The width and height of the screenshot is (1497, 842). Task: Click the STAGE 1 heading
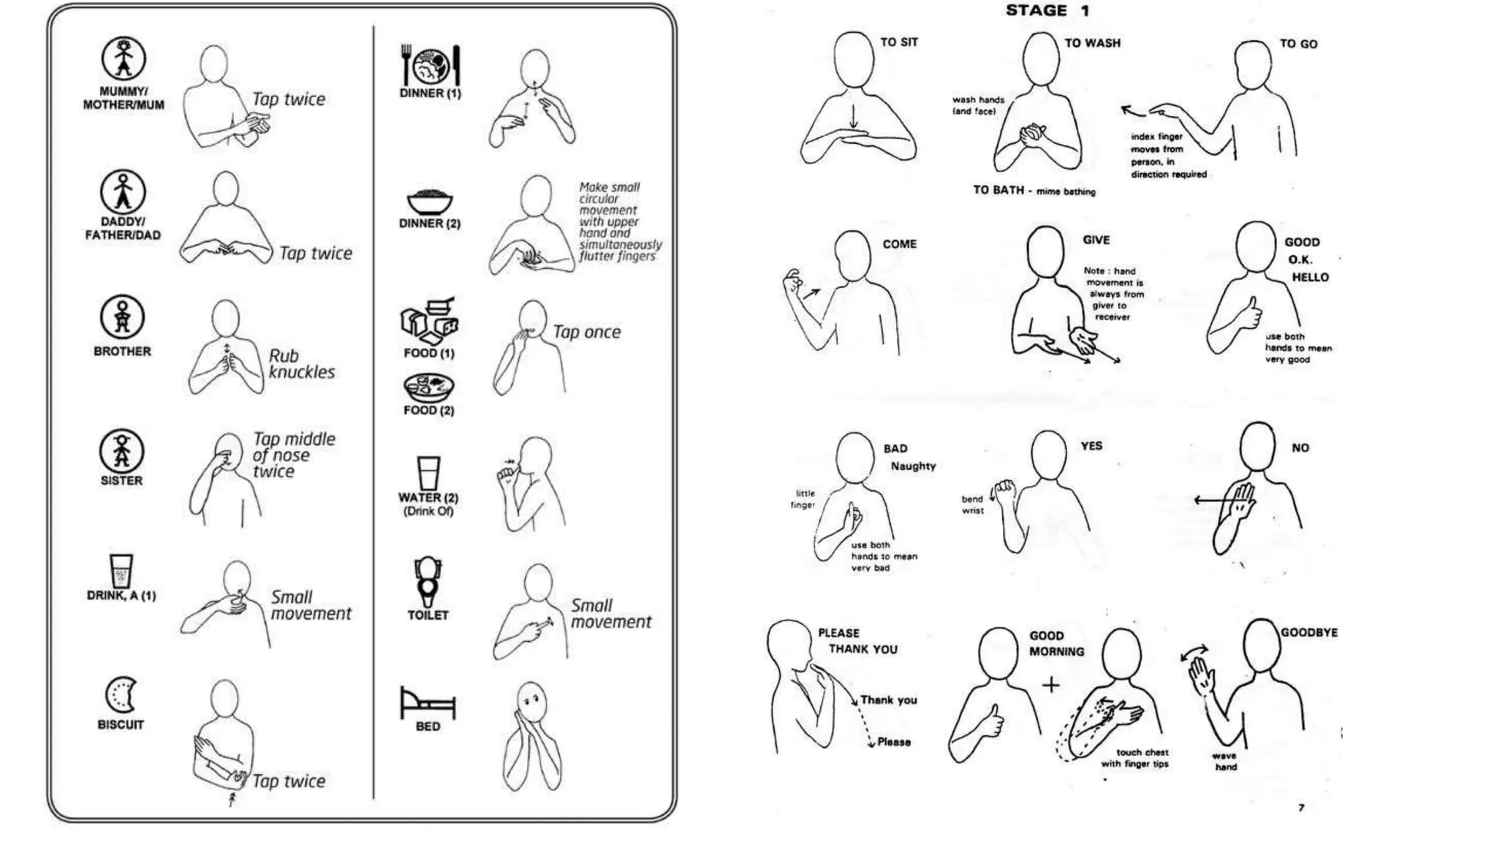click(1047, 11)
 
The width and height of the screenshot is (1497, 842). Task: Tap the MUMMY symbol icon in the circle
click(123, 58)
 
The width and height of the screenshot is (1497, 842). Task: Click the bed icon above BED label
click(428, 702)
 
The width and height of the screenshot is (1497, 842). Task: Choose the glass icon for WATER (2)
click(428, 473)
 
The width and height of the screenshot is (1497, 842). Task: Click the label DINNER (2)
click(430, 224)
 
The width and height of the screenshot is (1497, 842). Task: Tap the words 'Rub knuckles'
click(300, 364)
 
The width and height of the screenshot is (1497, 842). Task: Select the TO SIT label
click(899, 42)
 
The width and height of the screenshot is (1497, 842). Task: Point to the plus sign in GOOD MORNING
click(1050, 685)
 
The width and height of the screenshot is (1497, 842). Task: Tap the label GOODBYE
click(1308, 632)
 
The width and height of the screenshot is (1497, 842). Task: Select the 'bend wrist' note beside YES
click(972, 504)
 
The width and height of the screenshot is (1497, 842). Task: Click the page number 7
click(1300, 808)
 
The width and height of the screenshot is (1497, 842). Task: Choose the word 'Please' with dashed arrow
click(893, 742)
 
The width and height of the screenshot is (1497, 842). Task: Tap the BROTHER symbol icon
click(122, 317)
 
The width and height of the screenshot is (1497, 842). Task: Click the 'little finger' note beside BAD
click(803, 498)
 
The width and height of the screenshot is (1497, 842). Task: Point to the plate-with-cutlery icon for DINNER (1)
click(431, 65)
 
